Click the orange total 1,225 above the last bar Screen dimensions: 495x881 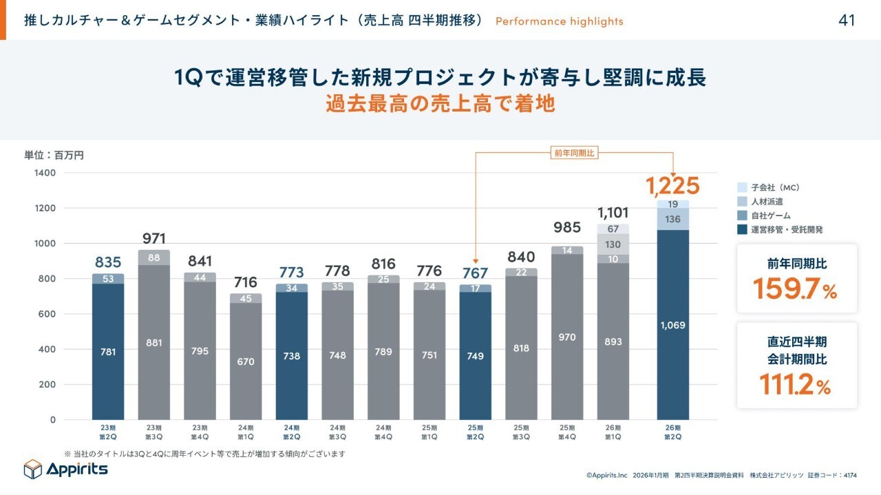click(672, 186)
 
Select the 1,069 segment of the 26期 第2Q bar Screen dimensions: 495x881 click(672, 324)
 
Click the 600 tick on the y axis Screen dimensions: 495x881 click(47, 314)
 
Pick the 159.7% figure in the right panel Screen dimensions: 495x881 click(794, 288)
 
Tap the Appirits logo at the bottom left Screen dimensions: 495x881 click(66, 469)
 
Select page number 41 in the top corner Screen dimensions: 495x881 click(847, 21)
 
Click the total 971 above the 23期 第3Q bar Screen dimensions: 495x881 click(154, 239)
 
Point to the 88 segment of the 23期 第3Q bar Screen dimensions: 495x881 click(154, 258)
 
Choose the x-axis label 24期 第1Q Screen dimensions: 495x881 click(246, 432)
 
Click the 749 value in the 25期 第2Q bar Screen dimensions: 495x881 click(475, 356)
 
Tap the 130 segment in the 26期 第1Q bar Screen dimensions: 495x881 click(613, 244)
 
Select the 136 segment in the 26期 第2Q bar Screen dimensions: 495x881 click(672, 220)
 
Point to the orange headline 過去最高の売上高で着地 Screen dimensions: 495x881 click(440, 105)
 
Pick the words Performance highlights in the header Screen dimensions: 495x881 click(559, 21)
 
